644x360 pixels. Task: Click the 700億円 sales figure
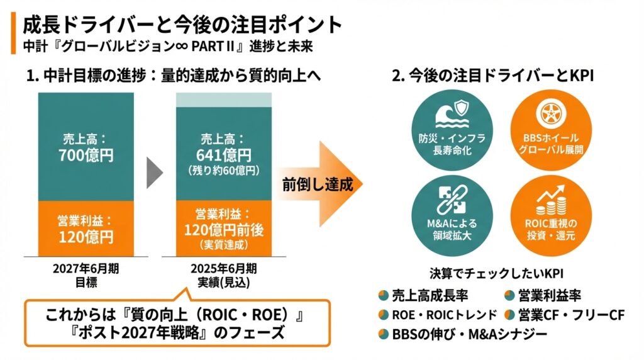pyautogui.click(x=86, y=155)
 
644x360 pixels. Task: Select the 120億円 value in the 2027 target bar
pyautogui.click(x=86, y=237)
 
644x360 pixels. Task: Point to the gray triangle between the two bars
pyautogui.click(x=154, y=172)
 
